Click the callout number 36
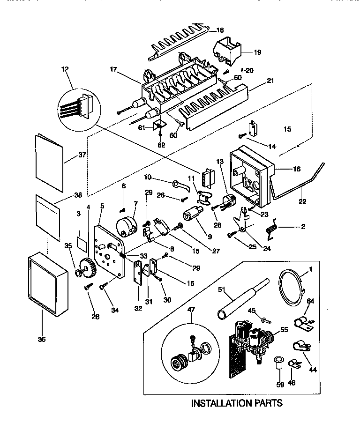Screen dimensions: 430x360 pos(42,340)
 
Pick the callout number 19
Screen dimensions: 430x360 pos(257,52)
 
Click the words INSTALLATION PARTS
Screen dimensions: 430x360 pos(237,402)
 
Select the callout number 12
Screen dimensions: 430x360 pos(65,69)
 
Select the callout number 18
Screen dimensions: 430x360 pos(220,30)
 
